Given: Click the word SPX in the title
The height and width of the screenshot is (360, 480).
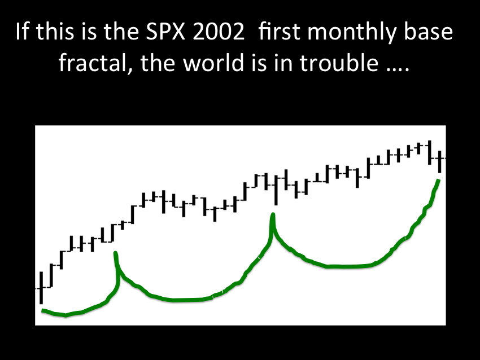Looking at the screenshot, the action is tap(165, 32).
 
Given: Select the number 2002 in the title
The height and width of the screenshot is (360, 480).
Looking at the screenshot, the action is tap(219, 32).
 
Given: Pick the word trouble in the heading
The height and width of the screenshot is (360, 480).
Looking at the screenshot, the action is tap(339, 62).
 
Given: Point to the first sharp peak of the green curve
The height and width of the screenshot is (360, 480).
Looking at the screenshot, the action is tap(115, 253).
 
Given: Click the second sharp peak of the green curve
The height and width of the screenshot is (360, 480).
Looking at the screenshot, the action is tap(272, 214).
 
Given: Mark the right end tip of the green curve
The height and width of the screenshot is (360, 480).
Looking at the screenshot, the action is tap(439, 180).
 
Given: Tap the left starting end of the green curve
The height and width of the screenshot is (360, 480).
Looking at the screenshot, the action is tap(43, 311).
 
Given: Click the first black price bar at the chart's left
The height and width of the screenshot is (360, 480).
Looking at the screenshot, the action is tap(41, 288).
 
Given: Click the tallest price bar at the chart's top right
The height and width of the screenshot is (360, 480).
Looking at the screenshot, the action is tap(430, 152).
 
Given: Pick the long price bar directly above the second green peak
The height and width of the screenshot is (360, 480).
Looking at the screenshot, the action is tap(277, 190).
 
